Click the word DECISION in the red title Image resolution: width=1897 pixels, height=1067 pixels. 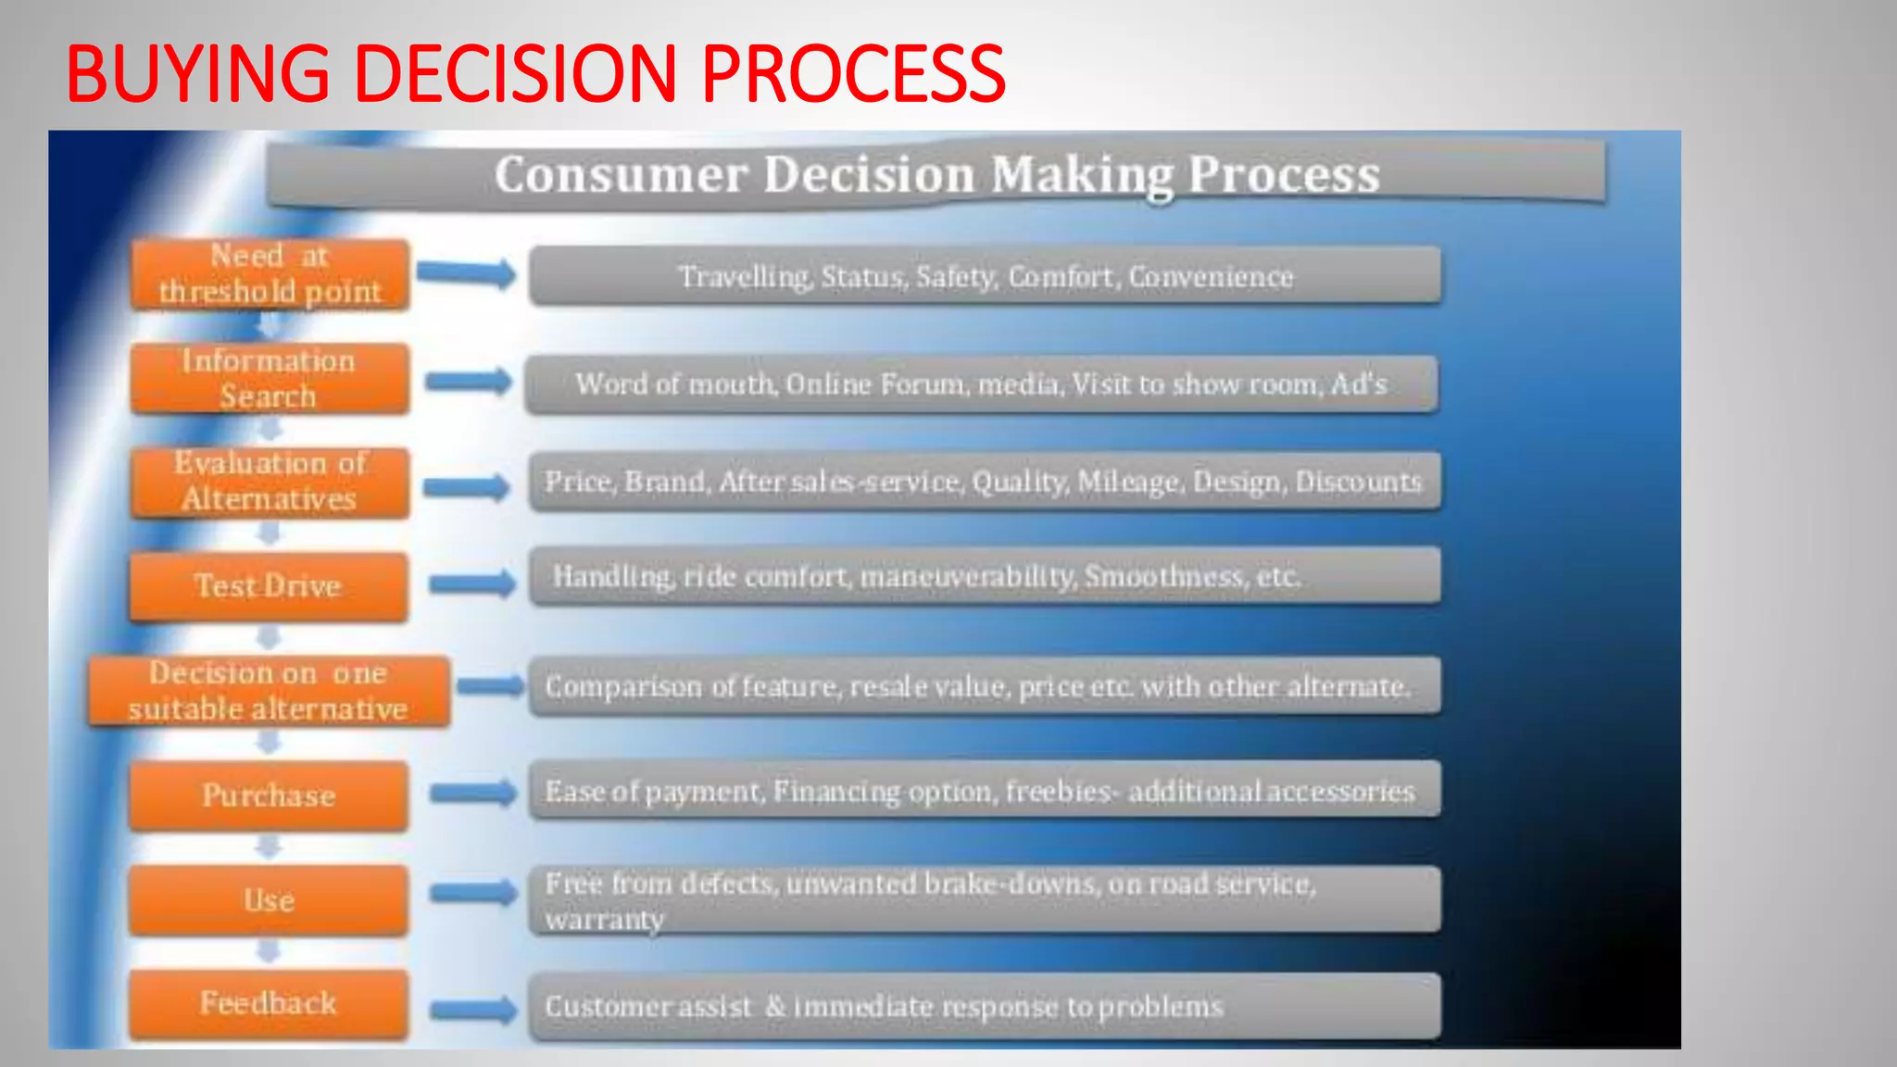[x=515, y=74]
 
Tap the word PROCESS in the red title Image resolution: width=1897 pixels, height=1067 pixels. [x=852, y=74]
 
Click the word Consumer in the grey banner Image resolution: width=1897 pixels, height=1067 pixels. [x=621, y=174]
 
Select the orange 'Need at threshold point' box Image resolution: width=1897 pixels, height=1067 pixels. [x=270, y=274]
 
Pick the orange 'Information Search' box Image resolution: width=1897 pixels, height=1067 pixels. [x=270, y=378]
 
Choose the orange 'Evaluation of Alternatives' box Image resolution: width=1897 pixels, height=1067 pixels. [x=270, y=482]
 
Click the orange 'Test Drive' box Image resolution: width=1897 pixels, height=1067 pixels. [x=269, y=586]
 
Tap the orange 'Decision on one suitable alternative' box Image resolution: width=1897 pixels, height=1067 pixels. [x=269, y=691]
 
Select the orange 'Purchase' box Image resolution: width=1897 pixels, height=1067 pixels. [x=269, y=796]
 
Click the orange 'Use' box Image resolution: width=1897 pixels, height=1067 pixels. [x=269, y=900]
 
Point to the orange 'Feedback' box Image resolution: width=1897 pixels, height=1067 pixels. [x=269, y=1004]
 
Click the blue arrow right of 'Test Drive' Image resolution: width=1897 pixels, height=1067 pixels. [x=472, y=583]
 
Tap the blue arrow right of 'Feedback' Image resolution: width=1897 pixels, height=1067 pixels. [x=473, y=1009]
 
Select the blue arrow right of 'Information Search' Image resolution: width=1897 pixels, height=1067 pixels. [x=469, y=381]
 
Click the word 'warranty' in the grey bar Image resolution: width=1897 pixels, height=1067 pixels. [x=605, y=920]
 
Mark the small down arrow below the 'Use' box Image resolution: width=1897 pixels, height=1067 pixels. [x=269, y=951]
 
